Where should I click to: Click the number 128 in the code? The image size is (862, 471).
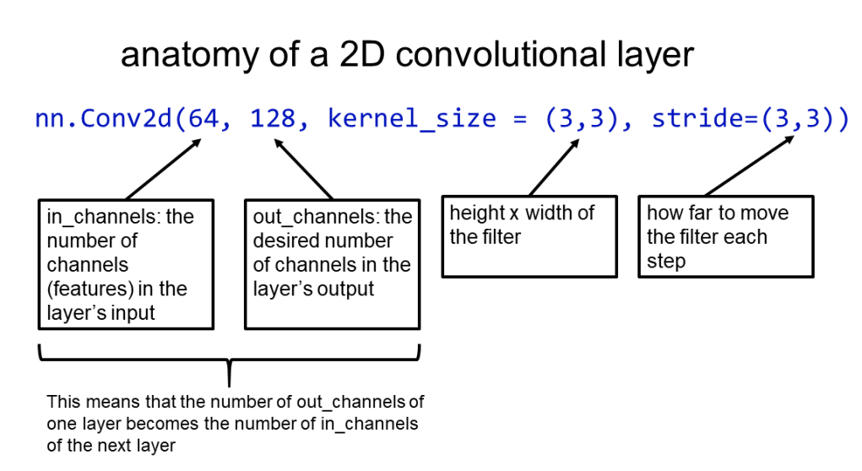coord(274,119)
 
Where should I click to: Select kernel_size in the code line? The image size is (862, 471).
coord(412,119)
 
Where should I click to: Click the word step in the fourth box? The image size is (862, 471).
coord(666,261)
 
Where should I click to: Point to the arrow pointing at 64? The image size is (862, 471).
coord(163,168)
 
